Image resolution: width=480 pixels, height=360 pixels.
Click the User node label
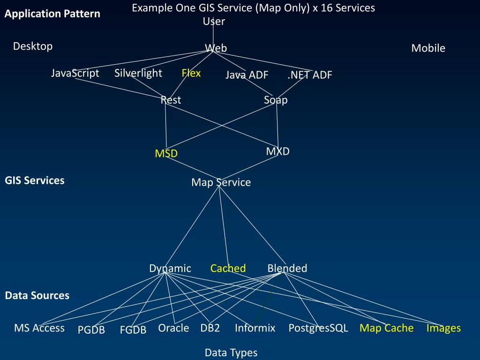tap(214, 22)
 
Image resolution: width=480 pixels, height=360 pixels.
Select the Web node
tap(216, 48)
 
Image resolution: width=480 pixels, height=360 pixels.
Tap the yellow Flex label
tap(191, 73)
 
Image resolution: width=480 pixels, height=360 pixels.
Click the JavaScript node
tap(75, 73)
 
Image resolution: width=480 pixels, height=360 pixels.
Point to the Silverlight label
tap(138, 73)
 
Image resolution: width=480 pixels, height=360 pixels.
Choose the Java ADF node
tap(247, 75)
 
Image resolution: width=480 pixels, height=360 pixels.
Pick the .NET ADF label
tap(310, 75)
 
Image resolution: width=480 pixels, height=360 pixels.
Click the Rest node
tap(171, 100)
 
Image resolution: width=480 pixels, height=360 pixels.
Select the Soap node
tap(276, 100)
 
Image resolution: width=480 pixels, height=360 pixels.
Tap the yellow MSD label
tap(166, 153)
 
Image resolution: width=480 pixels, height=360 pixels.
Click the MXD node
tap(278, 151)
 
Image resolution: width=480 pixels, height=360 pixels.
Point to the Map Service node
tap(221, 182)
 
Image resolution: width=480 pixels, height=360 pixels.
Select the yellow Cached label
tap(228, 268)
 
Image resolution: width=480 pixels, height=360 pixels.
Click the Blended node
tap(287, 268)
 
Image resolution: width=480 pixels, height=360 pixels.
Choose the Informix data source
tap(255, 328)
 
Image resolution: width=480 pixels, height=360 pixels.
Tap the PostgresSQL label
tap(318, 328)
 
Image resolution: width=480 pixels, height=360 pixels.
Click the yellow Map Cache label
tap(387, 328)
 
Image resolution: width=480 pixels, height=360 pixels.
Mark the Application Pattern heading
tap(52, 14)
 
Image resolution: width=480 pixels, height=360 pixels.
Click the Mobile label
tap(428, 48)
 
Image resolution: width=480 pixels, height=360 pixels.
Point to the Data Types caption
tap(231, 352)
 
